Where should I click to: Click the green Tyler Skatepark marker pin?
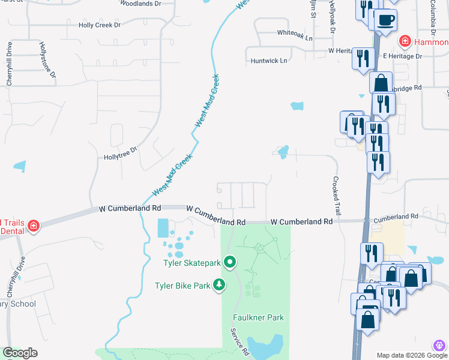229,262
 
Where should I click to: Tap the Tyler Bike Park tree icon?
220,286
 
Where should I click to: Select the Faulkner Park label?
258,317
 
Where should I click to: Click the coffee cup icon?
385,20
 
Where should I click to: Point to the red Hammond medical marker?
405,41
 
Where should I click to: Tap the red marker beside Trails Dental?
34,226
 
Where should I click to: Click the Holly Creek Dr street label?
100,25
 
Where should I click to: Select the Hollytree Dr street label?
121,154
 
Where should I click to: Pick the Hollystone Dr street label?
47,60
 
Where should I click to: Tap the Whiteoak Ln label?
295,37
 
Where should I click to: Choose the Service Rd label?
240,340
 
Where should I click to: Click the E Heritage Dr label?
402,56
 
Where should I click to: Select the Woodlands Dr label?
140,4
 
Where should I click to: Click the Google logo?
19,353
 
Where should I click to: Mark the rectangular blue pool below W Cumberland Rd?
163,228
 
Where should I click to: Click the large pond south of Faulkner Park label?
267,347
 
